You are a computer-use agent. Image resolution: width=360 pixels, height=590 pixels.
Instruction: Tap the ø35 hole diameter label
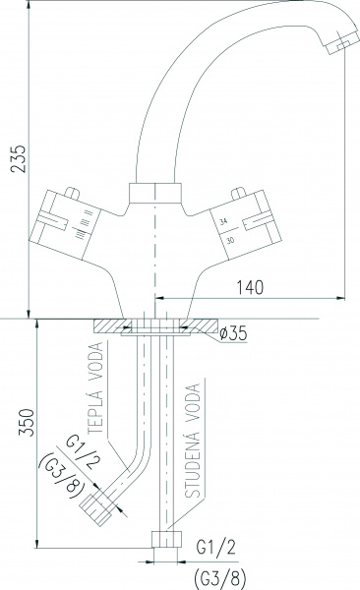point(235,332)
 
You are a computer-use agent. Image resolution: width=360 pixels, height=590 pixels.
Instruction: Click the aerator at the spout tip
point(337,42)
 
